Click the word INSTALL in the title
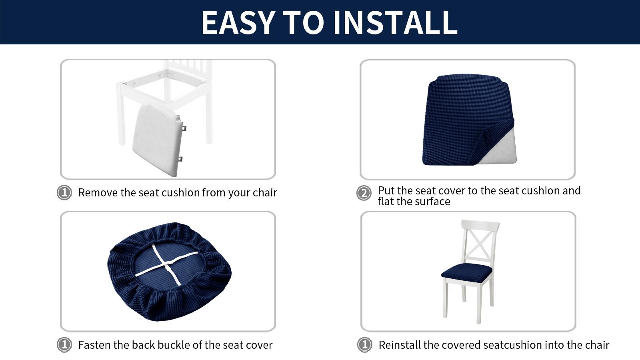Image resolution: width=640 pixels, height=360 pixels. click(x=395, y=22)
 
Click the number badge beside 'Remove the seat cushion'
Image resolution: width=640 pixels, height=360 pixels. click(x=64, y=192)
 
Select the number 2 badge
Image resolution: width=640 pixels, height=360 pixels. click(x=364, y=193)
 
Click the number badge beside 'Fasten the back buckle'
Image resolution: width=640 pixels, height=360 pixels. click(x=64, y=344)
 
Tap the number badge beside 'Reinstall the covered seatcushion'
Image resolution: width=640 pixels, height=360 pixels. click(x=364, y=344)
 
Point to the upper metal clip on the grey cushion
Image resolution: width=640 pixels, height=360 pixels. click(x=184, y=128)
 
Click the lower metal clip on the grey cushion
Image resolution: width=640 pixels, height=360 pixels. click(x=180, y=159)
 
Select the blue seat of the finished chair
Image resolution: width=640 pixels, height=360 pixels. click(x=467, y=271)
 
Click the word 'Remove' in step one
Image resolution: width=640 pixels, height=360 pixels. click(x=98, y=193)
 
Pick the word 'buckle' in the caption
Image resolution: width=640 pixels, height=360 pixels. click(x=174, y=345)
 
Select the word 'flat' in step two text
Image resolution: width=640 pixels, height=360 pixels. click(x=386, y=202)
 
